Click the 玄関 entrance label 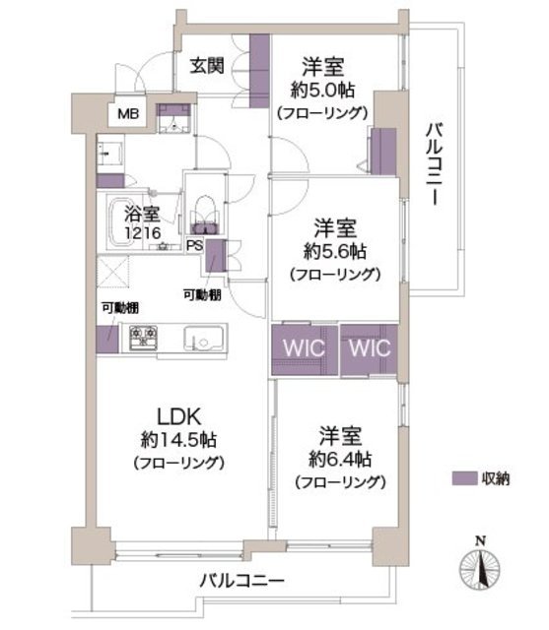click(207, 66)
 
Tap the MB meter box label click(128, 114)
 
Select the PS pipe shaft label click(195, 245)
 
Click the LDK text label click(178, 416)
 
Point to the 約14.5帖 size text click(178, 440)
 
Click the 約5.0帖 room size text click(322, 90)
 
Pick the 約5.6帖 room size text click(335, 252)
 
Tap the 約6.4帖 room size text click(340, 459)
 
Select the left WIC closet click(304, 348)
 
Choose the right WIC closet click(370, 348)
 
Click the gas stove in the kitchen click(143, 338)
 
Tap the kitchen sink click(203, 339)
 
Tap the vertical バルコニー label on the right click(435, 164)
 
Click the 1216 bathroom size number click(143, 233)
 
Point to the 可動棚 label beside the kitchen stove click(120, 308)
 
